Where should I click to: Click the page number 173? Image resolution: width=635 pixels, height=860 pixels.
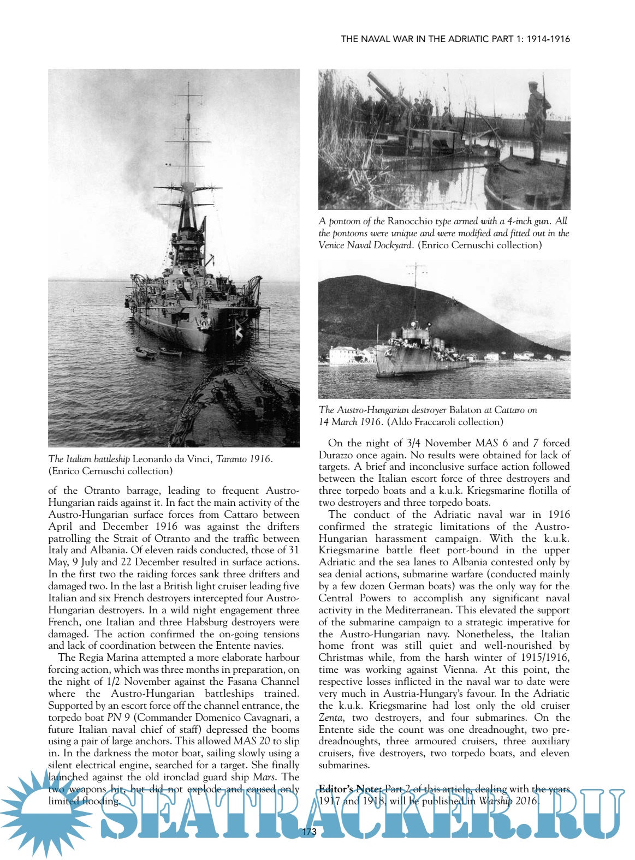coord(308,832)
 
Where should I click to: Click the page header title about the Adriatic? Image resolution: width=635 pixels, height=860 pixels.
coord(455,39)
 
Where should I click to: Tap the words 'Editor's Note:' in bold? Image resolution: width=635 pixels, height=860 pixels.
coord(351,789)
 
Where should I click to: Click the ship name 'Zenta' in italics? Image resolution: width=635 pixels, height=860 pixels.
coord(331,718)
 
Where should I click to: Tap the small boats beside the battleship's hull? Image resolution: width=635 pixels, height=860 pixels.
coord(158,352)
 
